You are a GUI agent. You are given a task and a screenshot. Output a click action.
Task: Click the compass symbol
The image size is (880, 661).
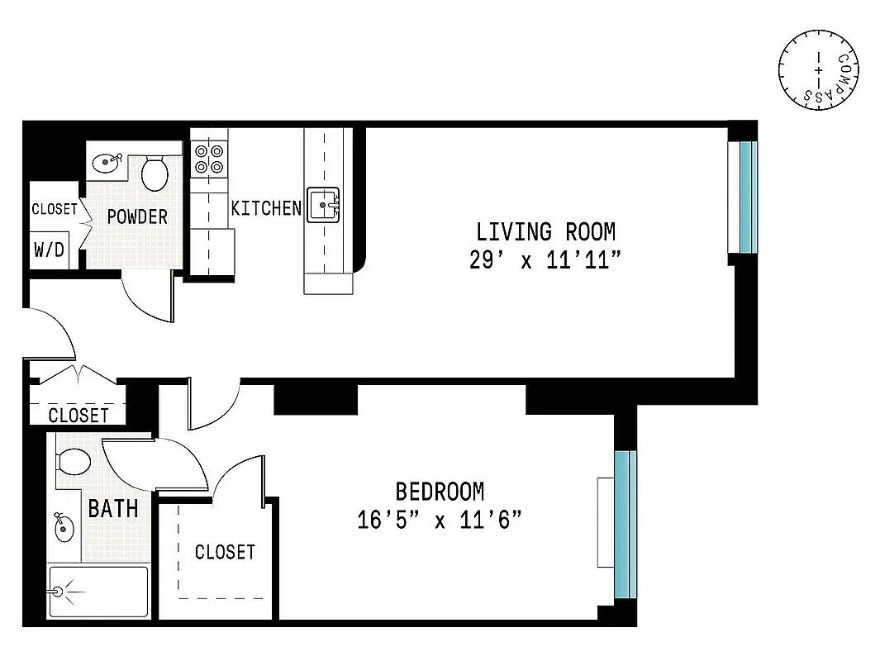pyautogui.click(x=819, y=69)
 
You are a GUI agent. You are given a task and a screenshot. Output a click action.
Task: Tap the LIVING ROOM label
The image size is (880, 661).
pyautogui.click(x=545, y=231)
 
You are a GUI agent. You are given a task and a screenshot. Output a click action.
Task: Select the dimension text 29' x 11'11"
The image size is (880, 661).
pyautogui.click(x=545, y=260)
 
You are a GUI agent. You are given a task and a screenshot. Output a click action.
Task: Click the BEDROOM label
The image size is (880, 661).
pyautogui.click(x=440, y=492)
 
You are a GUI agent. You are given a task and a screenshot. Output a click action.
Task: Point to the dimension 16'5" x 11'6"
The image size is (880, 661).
pyautogui.click(x=440, y=521)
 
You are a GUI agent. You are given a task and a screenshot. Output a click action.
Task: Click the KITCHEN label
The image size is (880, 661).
pyautogui.click(x=266, y=208)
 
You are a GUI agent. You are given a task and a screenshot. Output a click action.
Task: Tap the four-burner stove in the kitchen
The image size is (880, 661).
pyautogui.click(x=208, y=159)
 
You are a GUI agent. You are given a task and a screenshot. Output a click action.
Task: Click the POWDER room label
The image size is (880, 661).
pyautogui.click(x=137, y=216)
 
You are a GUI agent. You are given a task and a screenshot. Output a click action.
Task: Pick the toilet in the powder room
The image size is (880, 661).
pyautogui.click(x=155, y=173)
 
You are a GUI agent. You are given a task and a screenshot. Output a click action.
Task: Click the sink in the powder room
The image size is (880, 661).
pyautogui.click(x=106, y=163)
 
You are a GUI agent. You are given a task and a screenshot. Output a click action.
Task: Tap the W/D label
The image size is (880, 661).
pyautogui.click(x=49, y=249)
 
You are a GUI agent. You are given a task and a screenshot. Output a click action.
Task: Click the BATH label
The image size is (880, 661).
pyautogui.click(x=113, y=508)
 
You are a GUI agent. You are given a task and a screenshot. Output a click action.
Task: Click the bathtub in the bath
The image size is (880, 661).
pyautogui.click(x=98, y=592)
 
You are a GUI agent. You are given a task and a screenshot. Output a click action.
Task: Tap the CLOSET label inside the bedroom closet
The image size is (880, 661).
pyautogui.click(x=225, y=551)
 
